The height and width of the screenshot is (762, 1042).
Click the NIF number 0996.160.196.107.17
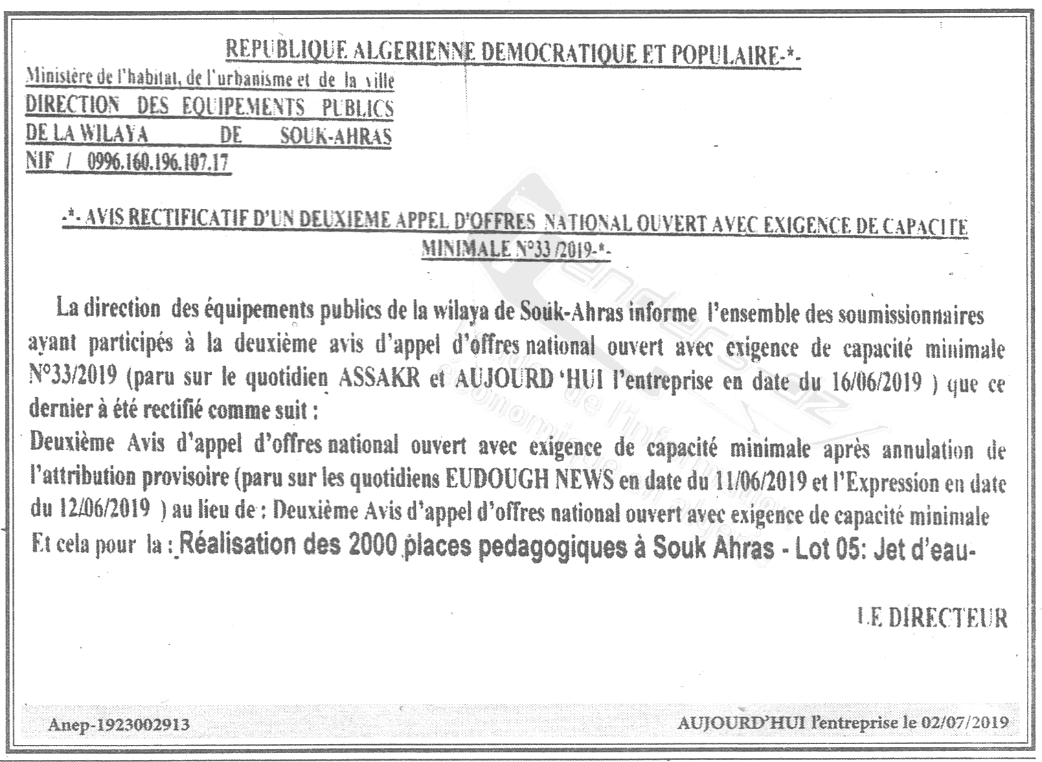[159, 164]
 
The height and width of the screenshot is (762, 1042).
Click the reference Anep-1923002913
[118, 724]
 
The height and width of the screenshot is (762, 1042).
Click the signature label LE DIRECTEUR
[932, 618]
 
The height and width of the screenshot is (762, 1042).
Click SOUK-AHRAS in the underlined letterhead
[336, 135]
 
